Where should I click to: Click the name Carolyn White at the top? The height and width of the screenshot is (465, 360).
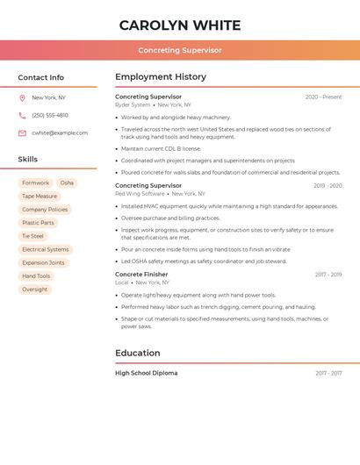tap(180, 25)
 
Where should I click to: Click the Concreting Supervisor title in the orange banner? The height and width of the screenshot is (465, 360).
tap(180, 50)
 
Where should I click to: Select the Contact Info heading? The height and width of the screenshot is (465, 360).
tap(41, 77)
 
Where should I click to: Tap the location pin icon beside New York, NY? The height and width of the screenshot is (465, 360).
tap(22, 97)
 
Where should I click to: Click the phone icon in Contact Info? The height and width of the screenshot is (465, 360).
tap(22, 115)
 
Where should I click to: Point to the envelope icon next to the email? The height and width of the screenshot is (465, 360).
tap(22, 132)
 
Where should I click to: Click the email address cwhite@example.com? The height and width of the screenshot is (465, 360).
tap(60, 132)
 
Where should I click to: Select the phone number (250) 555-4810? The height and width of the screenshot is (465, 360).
tap(50, 115)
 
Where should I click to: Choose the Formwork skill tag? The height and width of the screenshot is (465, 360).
tap(36, 182)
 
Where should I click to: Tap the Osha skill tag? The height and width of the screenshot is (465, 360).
tap(67, 182)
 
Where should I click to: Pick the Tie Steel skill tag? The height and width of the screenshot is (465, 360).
tap(32, 236)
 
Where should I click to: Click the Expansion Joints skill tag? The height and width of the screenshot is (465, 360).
tap(43, 262)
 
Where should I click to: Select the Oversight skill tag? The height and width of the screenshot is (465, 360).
tap(35, 289)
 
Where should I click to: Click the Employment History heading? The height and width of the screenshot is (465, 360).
tap(161, 76)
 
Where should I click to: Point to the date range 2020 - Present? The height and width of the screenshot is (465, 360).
tap(323, 97)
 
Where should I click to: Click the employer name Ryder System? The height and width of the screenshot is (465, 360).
tap(133, 104)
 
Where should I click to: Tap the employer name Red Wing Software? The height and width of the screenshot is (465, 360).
tap(140, 193)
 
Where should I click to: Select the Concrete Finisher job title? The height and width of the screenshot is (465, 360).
tap(141, 275)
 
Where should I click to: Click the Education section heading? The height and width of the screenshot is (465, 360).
tap(138, 353)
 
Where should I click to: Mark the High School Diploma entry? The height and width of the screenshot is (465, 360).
tap(146, 373)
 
